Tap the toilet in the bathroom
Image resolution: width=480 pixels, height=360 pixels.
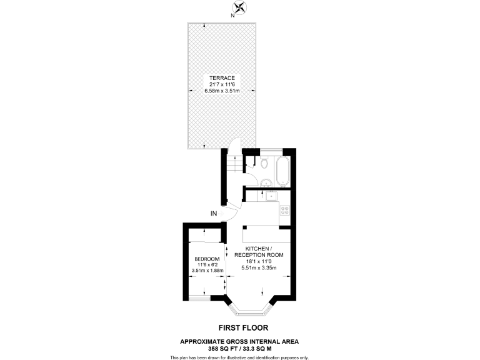tap(265, 164)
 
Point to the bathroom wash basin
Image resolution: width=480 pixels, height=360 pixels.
tap(265, 182)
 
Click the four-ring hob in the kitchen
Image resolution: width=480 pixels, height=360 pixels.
tap(284, 210)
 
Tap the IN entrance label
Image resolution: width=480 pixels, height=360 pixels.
tap(214, 214)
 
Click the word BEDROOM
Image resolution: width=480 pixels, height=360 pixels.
tap(206, 259)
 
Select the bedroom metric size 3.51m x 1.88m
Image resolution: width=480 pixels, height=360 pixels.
tap(206, 271)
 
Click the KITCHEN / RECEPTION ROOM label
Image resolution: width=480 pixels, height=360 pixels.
tap(259, 251)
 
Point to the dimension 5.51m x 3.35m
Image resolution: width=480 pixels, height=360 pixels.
tap(259, 268)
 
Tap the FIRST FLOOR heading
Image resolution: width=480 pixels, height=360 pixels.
tap(239, 327)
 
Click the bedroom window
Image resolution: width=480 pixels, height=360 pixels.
tap(200, 299)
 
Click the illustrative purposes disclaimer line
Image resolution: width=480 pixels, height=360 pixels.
tap(239, 357)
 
